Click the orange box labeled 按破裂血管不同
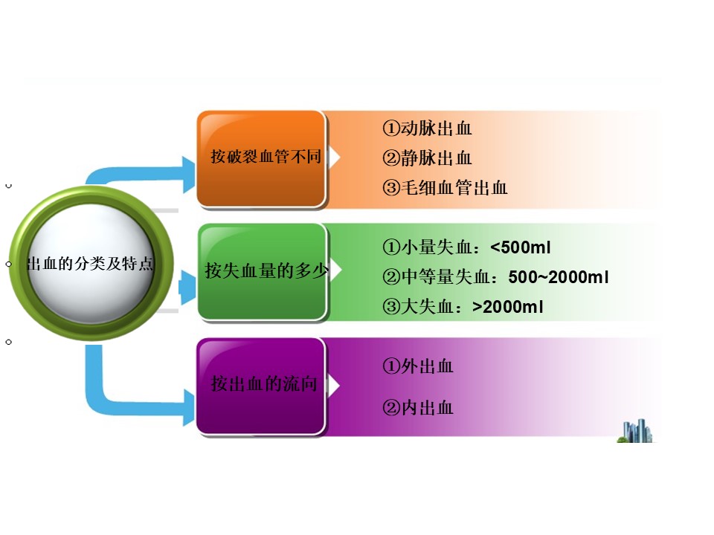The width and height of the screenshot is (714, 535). click(x=261, y=159)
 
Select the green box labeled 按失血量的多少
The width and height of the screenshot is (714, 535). click(x=263, y=272)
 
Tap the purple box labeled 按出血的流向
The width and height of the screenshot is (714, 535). click(x=261, y=386)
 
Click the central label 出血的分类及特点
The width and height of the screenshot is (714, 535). click(x=90, y=263)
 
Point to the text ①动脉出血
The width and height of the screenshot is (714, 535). click(x=427, y=129)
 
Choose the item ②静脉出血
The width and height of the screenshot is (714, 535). click(x=427, y=158)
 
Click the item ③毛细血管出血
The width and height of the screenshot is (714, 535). click(x=445, y=187)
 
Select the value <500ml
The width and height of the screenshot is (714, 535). click(x=521, y=247)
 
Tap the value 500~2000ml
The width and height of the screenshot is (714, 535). click(x=559, y=277)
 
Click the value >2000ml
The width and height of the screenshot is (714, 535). click(x=508, y=307)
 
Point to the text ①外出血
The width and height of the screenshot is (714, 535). click(x=418, y=366)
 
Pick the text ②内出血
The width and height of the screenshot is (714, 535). click(x=418, y=408)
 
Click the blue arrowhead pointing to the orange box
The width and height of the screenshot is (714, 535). click(x=188, y=174)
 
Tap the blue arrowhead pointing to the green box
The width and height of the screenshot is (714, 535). click(x=187, y=288)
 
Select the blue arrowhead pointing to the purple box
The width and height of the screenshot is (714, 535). click(x=188, y=408)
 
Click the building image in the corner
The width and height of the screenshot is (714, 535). click(x=636, y=430)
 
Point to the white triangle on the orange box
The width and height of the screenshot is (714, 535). click(x=335, y=157)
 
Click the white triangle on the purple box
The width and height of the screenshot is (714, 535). click(x=335, y=386)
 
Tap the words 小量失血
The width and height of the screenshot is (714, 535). click(x=437, y=247)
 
